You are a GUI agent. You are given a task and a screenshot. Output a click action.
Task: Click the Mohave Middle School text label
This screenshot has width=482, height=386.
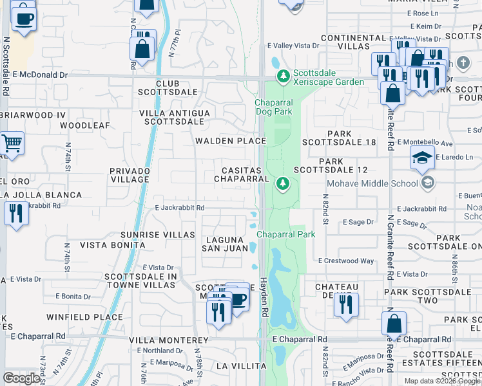coord(372,183)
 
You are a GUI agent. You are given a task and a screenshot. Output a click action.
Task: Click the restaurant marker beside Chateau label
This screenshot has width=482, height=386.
coord(346,305)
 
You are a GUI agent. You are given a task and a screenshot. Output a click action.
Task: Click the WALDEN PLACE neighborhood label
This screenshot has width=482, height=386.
coord(231,141)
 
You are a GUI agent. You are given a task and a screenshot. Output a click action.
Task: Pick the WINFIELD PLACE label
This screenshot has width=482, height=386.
coord(84,317)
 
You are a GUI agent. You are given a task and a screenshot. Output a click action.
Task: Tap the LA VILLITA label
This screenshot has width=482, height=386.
coord(241,365)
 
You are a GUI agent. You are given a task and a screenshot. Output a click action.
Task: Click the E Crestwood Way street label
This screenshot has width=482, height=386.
coord(346,261)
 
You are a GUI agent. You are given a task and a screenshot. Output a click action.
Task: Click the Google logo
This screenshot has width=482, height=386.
coord(21,378)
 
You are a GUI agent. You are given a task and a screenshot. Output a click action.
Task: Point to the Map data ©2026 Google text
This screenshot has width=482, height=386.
coord(441,381)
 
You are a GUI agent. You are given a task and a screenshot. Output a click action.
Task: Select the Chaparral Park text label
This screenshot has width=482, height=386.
coord(287,234)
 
